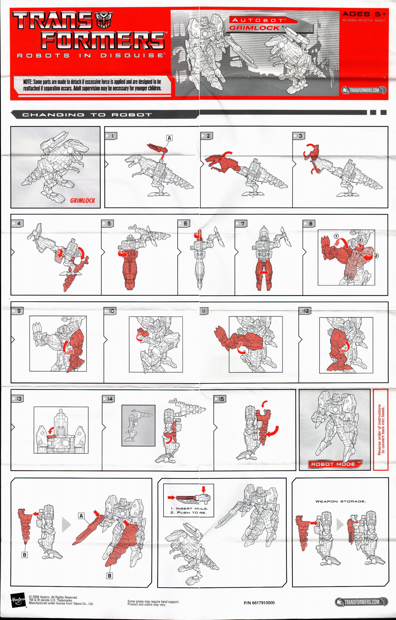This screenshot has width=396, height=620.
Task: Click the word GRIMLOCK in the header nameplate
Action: pos(254,28)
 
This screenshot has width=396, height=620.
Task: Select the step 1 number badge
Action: pos(111,136)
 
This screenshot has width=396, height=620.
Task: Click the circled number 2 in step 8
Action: pos(376,256)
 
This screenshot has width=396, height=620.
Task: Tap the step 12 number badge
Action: pos(305,311)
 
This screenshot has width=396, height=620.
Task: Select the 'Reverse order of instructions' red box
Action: pos(380,430)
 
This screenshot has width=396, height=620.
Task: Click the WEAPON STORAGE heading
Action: pos(340,501)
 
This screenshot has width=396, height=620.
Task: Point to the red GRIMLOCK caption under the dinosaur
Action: pos(82,201)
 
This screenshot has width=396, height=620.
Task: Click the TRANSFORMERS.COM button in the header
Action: pos(364,90)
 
